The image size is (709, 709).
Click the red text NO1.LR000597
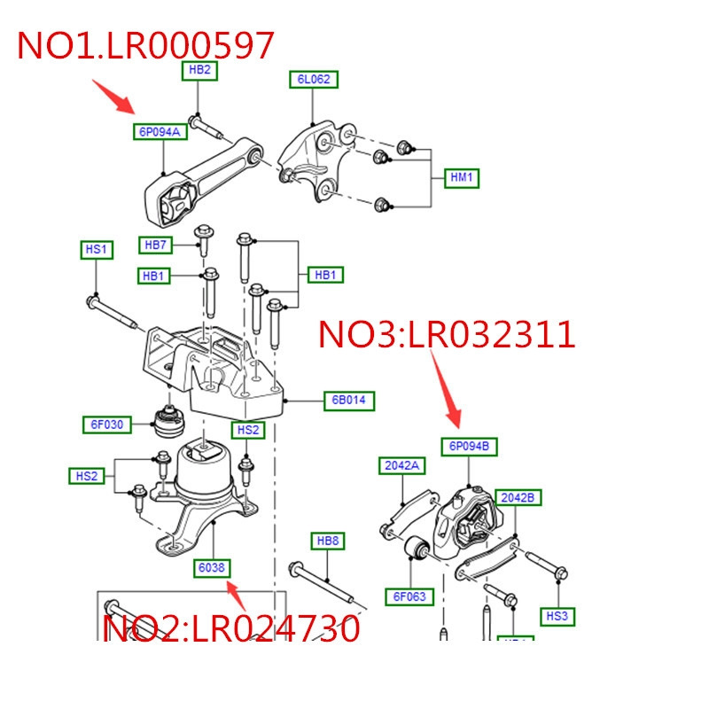[x=145, y=45]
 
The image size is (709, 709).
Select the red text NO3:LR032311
[x=447, y=335]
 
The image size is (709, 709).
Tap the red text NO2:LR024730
[x=232, y=628]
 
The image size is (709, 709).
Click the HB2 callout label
[x=199, y=70]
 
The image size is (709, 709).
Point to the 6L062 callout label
[x=313, y=80]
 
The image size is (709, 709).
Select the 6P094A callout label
[x=159, y=133]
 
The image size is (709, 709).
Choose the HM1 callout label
[x=462, y=177]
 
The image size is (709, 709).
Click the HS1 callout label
[x=95, y=251]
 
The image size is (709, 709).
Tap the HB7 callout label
[x=156, y=244]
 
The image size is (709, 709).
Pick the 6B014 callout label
[x=348, y=401]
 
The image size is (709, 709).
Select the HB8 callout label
[x=327, y=541]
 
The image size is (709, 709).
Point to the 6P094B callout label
[x=469, y=446]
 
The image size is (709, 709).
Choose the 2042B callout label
[x=518, y=497]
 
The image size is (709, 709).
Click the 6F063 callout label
[x=410, y=596]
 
